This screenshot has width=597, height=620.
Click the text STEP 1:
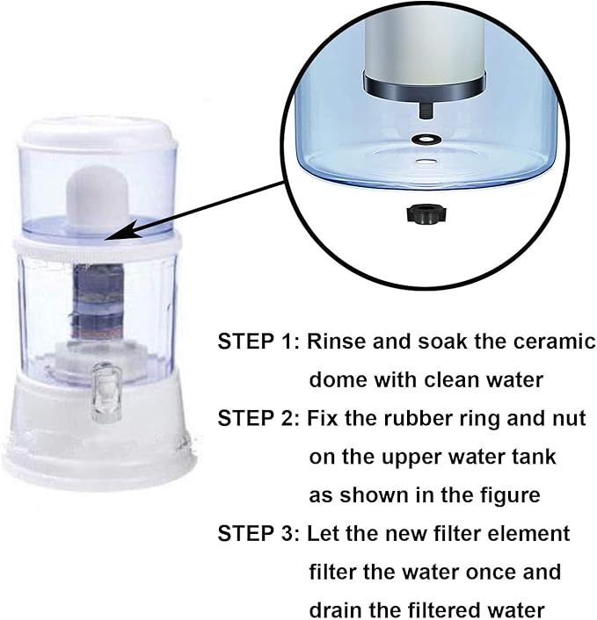tap(258, 342)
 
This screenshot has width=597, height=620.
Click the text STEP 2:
tap(258, 418)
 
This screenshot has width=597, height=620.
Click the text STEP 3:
tap(258, 533)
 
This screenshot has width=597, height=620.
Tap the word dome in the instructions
tap(338, 380)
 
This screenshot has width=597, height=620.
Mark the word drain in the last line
tap(337, 609)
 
